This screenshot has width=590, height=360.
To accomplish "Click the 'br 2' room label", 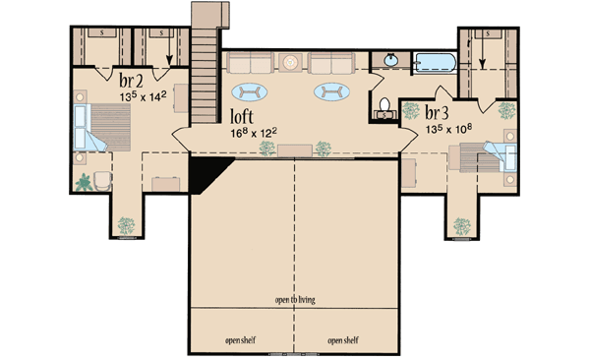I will [x=131, y=79].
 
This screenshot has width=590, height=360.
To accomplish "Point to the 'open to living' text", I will [x=295, y=300].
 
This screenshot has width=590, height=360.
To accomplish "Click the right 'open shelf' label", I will [x=343, y=340].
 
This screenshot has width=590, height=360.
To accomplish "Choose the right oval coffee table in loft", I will [x=331, y=92].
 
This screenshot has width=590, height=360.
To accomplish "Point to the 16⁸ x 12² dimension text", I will [x=252, y=129].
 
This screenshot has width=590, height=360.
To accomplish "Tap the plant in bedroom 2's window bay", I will [x=125, y=224].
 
